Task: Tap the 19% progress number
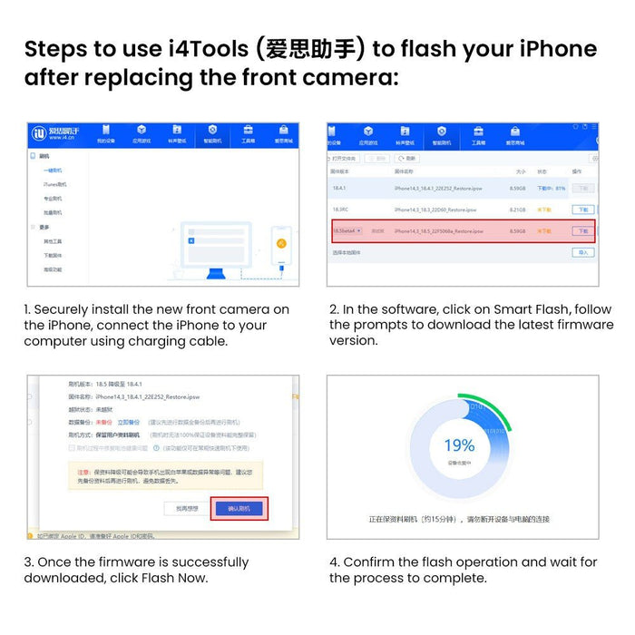pyautogui.click(x=459, y=445)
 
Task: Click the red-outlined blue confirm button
pyautogui.click(x=238, y=508)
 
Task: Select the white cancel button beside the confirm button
pyautogui.click(x=185, y=508)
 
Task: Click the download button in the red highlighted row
pyautogui.click(x=582, y=231)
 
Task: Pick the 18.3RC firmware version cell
pyautogui.click(x=342, y=210)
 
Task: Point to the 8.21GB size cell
pyautogui.click(x=518, y=210)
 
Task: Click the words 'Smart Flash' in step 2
pyautogui.click(x=528, y=309)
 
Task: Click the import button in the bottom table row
pyautogui.click(x=582, y=253)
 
